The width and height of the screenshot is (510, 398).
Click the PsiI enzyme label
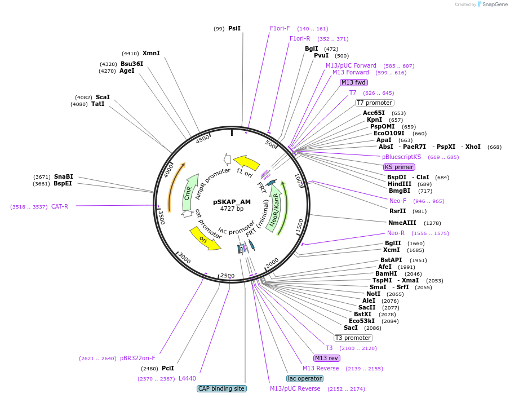tap(234, 28)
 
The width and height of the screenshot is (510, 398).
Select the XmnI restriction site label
tap(151, 54)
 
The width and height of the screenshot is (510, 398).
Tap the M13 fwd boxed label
tap(353, 82)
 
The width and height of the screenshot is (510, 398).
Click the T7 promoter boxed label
tap(374, 103)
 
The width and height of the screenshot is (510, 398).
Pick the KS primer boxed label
tap(399, 167)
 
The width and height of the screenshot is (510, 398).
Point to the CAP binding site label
tap(221, 388)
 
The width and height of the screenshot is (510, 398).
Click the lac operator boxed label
tap(304, 378)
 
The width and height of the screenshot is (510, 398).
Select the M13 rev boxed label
tap(327, 358)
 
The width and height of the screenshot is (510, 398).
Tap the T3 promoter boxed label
tap(353, 338)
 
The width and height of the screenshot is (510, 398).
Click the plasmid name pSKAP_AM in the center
tap(232, 202)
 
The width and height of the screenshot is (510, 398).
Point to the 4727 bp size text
tap(232, 209)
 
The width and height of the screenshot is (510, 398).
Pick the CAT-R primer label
tap(60, 206)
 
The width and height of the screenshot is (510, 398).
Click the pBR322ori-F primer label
tap(138, 358)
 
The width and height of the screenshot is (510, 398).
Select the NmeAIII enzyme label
tap(402, 223)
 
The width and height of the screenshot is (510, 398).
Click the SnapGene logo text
tap(495, 5)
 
